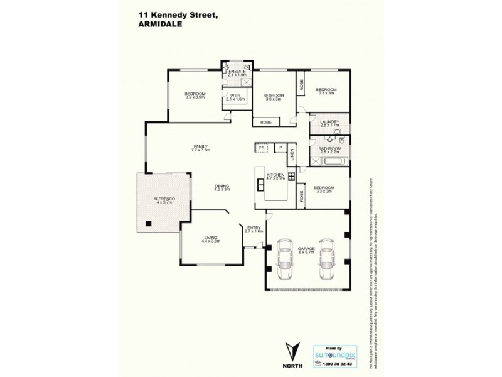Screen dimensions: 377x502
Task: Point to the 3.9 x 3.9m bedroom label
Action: click(x=195, y=95)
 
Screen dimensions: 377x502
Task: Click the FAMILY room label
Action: click(x=200, y=148)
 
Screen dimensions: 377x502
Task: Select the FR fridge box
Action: click(x=261, y=148)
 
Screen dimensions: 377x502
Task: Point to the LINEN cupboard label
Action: click(x=292, y=153)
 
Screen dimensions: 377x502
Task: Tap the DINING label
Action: click(x=221, y=187)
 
